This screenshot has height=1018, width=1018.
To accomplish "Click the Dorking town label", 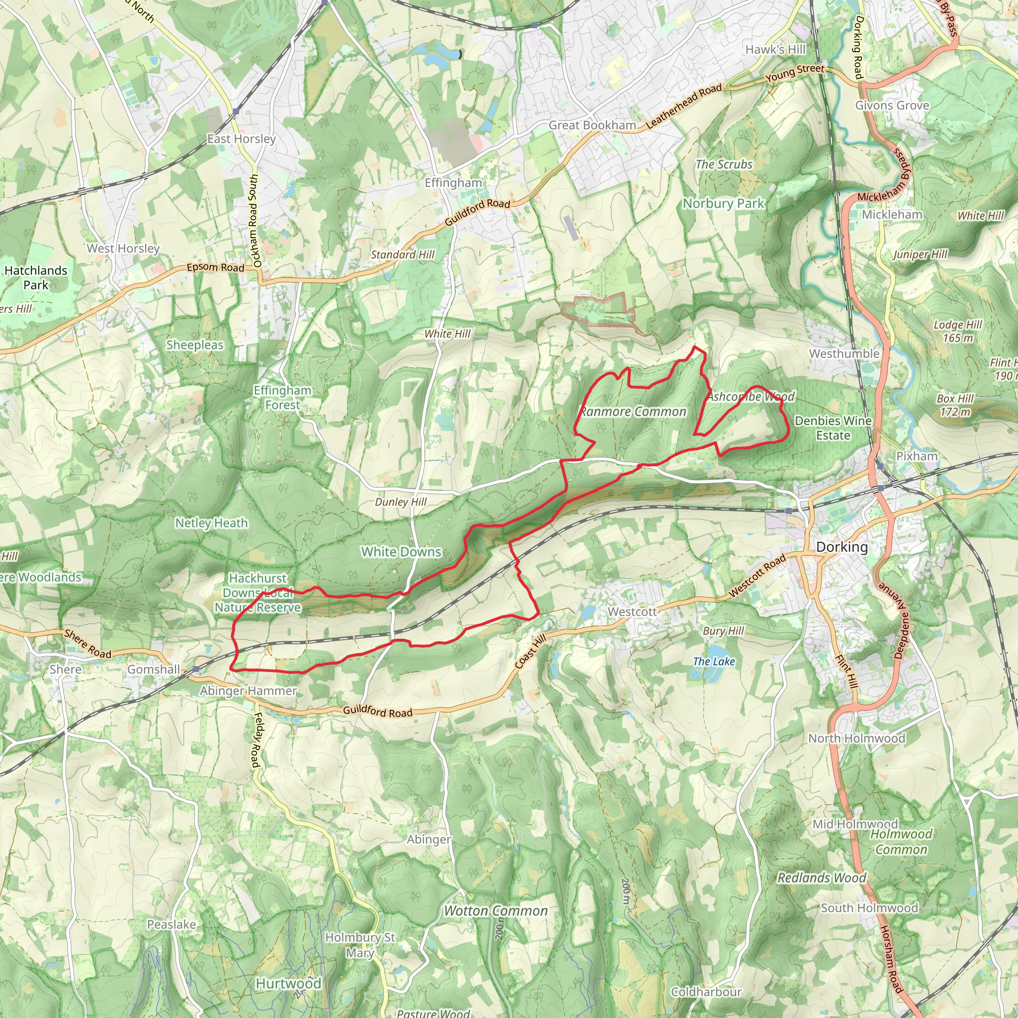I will click(x=842, y=547).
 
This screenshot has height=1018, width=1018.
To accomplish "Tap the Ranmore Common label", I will click(x=633, y=412).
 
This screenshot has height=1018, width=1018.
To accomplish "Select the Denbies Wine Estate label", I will click(x=833, y=428).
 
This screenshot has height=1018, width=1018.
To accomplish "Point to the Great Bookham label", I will click(x=592, y=125).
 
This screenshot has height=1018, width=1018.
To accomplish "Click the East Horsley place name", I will click(x=241, y=139).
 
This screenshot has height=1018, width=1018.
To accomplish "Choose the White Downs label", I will click(x=401, y=552).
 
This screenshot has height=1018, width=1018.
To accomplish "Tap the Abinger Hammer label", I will click(x=248, y=690).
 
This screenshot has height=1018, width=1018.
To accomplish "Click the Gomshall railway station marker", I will click(x=196, y=669).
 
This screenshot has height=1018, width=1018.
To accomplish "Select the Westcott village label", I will click(x=632, y=612).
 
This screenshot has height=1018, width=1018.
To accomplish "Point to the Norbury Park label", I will click(x=723, y=203).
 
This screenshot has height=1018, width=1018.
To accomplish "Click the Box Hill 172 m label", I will click(x=955, y=405).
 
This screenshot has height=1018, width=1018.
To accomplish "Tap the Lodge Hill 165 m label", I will click(x=957, y=331).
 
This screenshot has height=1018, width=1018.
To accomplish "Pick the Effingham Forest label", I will click(x=282, y=397).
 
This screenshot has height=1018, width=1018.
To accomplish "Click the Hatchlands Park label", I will click(x=36, y=278).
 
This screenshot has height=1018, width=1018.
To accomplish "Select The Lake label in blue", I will click(x=713, y=661).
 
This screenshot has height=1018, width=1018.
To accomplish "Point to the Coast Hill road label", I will click(x=530, y=652).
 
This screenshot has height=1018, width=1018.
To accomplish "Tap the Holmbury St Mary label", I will click(x=360, y=945).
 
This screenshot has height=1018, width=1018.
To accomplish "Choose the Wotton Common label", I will click(x=495, y=911).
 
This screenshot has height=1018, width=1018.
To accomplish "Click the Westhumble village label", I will click(x=844, y=353).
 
